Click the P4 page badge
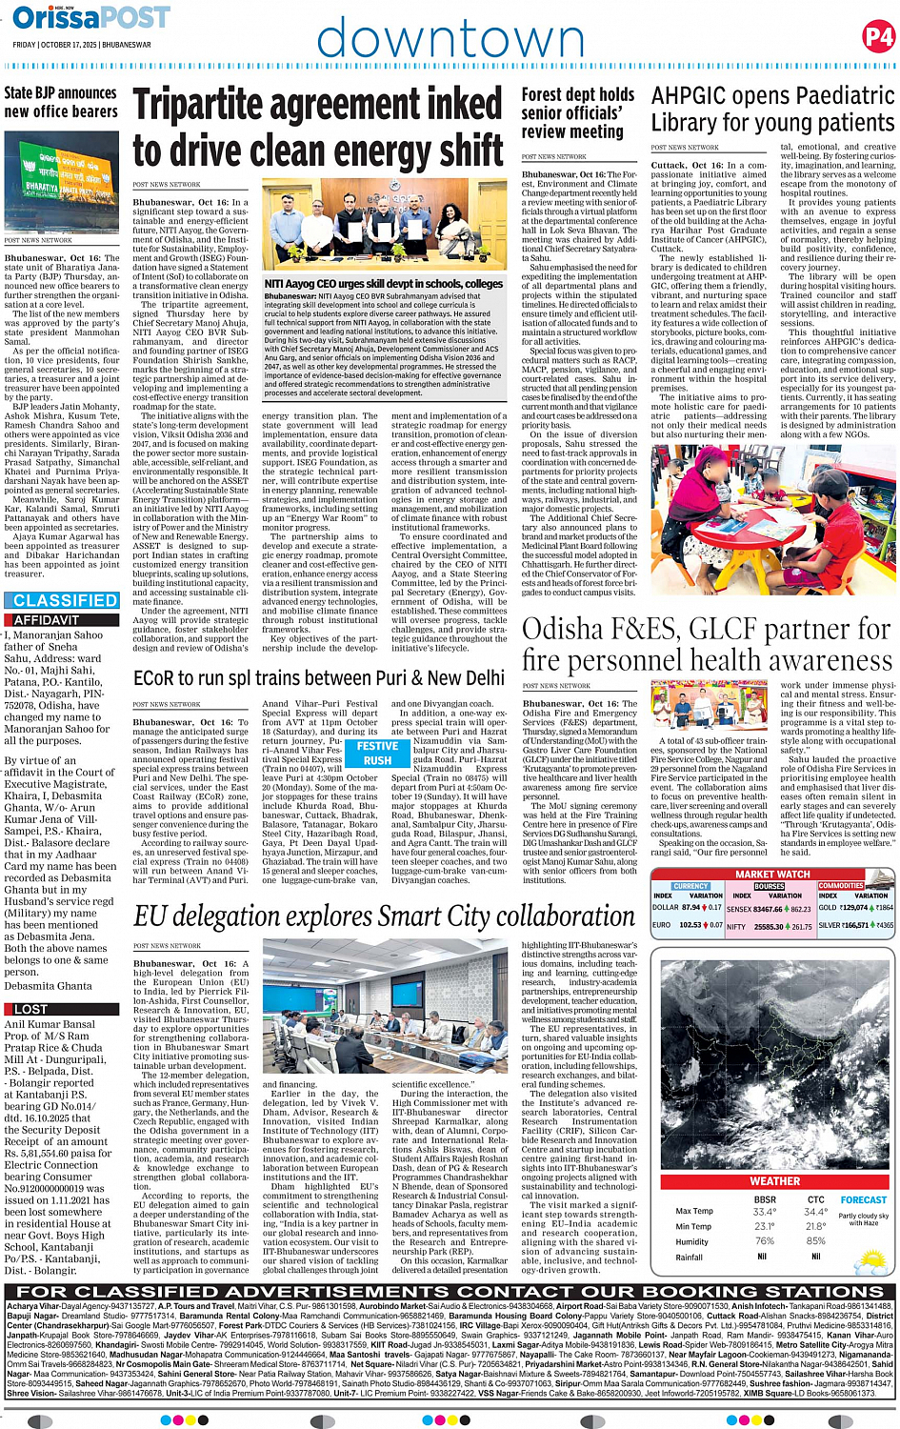pyautogui.click(x=877, y=37)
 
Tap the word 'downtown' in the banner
pyautogui.click(x=450, y=39)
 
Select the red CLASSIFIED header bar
pyautogui.click(x=65, y=600)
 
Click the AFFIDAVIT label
pyautogui.click(x=47, y=619)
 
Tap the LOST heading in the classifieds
pyautogui.click(x=30, y=1009)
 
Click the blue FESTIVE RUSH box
pyautogui.click(x=377, y=754)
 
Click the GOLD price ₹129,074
pyautogui.click(x=853, y=909)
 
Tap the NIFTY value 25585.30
pyautogui.click(x=768, y=926)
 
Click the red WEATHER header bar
pyautogui.click(x=774, y=1181)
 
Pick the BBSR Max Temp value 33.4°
pyautogui.click(x=764, y=1213)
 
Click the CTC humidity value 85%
pyautogui.click(x=815, y=1241)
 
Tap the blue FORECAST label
pyautogui.click(x=863, y=1200)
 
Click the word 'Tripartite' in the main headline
pyautogui.click(x=231, y=106)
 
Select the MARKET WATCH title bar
pyautogui.click(x=772, y=874)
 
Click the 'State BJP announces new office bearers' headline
pyautogui.click(x=60, y=102)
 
